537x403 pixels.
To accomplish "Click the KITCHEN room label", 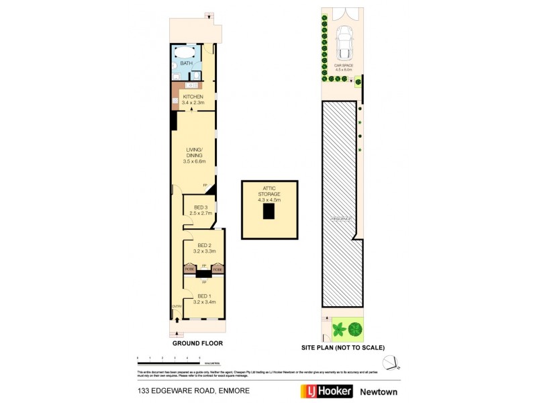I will pos(193,97).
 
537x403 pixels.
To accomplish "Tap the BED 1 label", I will pos(203,296).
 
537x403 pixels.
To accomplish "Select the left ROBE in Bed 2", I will pos(190,269).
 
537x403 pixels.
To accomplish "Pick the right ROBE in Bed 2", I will pos(217,269).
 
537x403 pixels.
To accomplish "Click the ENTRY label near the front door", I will pos(177,306).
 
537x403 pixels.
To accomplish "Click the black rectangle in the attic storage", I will pos(268,211).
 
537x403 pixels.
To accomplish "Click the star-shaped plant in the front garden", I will pos(338,329).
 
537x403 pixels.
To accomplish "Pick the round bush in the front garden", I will pos(355,329).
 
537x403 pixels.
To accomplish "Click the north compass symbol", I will pos(398,362).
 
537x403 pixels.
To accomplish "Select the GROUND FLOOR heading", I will pos(197,343).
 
